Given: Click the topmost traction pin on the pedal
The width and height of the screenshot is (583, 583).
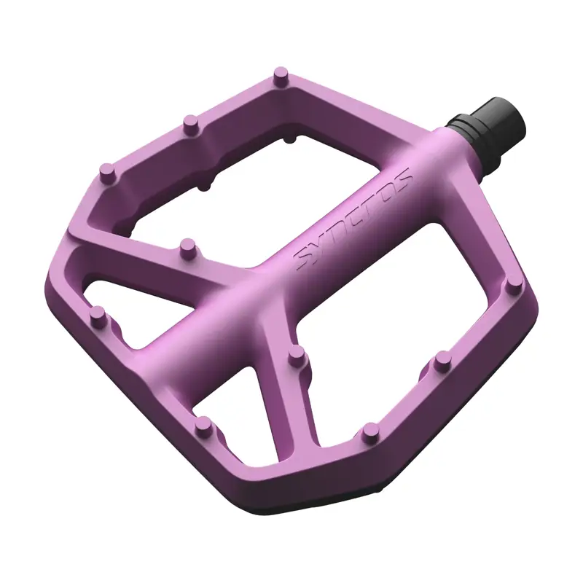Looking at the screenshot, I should tap(280, 74).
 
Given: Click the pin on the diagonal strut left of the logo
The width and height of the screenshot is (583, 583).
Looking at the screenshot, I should tap(187, 246).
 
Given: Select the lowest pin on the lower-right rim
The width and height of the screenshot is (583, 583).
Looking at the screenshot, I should tap(370, 429).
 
